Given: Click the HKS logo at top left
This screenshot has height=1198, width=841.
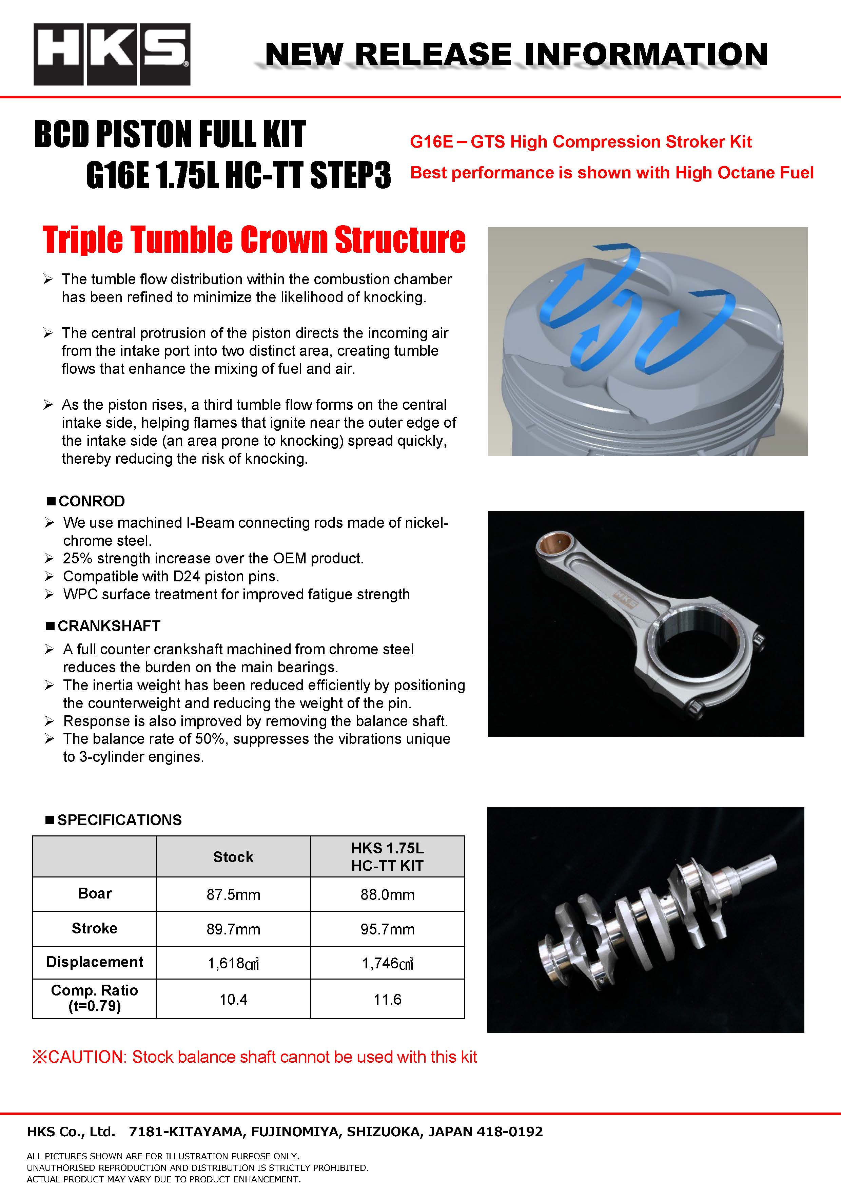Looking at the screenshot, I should tap(112, 54).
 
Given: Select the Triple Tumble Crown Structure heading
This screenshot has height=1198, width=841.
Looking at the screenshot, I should tap(254, 240).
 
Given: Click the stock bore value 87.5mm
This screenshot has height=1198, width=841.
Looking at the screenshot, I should tap(233, 895).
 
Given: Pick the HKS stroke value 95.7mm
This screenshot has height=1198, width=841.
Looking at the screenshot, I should tap(387, 929).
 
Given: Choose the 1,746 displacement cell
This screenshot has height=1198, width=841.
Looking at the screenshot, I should tap(387, 963).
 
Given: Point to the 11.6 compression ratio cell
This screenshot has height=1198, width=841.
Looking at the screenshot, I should tap(387, 999).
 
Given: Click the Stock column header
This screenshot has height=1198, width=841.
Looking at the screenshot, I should tap(233, 857).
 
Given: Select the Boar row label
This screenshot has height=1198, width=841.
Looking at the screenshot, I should tap(94, 894).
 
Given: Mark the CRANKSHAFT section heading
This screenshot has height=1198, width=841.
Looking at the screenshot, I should tap(109, 626).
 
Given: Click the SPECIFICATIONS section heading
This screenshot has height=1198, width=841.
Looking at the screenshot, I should tap(119, 820).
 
